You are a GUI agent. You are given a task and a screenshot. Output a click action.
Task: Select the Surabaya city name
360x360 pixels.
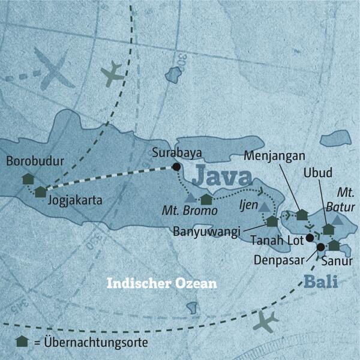[x=175, y=152]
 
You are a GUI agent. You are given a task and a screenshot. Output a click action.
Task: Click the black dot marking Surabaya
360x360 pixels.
[x=176, y=167]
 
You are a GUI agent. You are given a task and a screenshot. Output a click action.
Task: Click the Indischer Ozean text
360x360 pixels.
[x=161, y=283]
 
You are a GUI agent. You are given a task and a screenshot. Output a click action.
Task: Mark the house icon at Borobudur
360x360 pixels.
[x=28, y=179]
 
